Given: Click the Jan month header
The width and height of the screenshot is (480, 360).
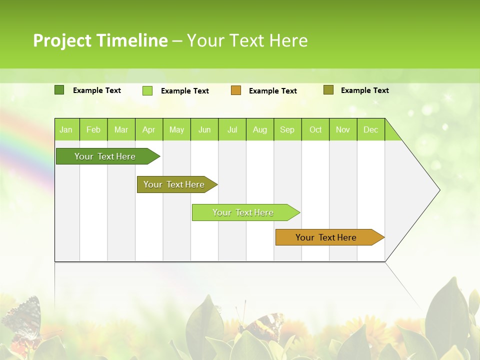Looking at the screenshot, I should tap(66, 130).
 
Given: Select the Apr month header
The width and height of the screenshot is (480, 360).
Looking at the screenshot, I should tap(148, 130).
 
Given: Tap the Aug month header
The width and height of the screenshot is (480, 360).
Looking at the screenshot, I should tap(259, 130).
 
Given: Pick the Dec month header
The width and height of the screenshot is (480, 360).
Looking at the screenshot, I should tap(370, 130).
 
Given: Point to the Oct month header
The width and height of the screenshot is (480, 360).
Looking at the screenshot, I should tap(315, 130).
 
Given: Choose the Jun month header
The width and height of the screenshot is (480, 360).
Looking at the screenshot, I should tap(204, 130).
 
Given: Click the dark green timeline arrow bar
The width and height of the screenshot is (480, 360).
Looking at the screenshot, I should tap(105, 156).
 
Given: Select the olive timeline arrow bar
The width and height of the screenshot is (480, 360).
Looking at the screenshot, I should tap(174, 184).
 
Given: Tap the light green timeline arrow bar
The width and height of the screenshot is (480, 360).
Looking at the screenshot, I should tap(243, 212).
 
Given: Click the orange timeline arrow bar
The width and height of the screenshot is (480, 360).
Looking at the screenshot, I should tap(326, 237).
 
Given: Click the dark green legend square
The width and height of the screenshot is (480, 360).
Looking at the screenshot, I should tap(59, 90).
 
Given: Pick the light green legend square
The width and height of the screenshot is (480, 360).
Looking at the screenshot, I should tap(147, 90).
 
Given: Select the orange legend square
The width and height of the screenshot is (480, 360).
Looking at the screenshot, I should tap(236, 90).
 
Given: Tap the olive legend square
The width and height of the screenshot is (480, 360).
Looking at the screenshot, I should tap(328, 90).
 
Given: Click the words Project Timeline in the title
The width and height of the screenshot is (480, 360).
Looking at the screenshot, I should tap(100, 40).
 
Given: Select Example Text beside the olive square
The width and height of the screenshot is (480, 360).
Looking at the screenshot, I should tap(364, 90).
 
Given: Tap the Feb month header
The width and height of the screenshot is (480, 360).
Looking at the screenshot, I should tap(93, 130).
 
